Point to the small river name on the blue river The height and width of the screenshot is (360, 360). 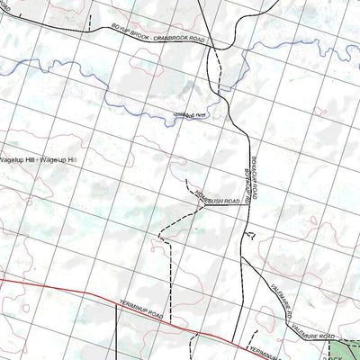click(x=190, y=114)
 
